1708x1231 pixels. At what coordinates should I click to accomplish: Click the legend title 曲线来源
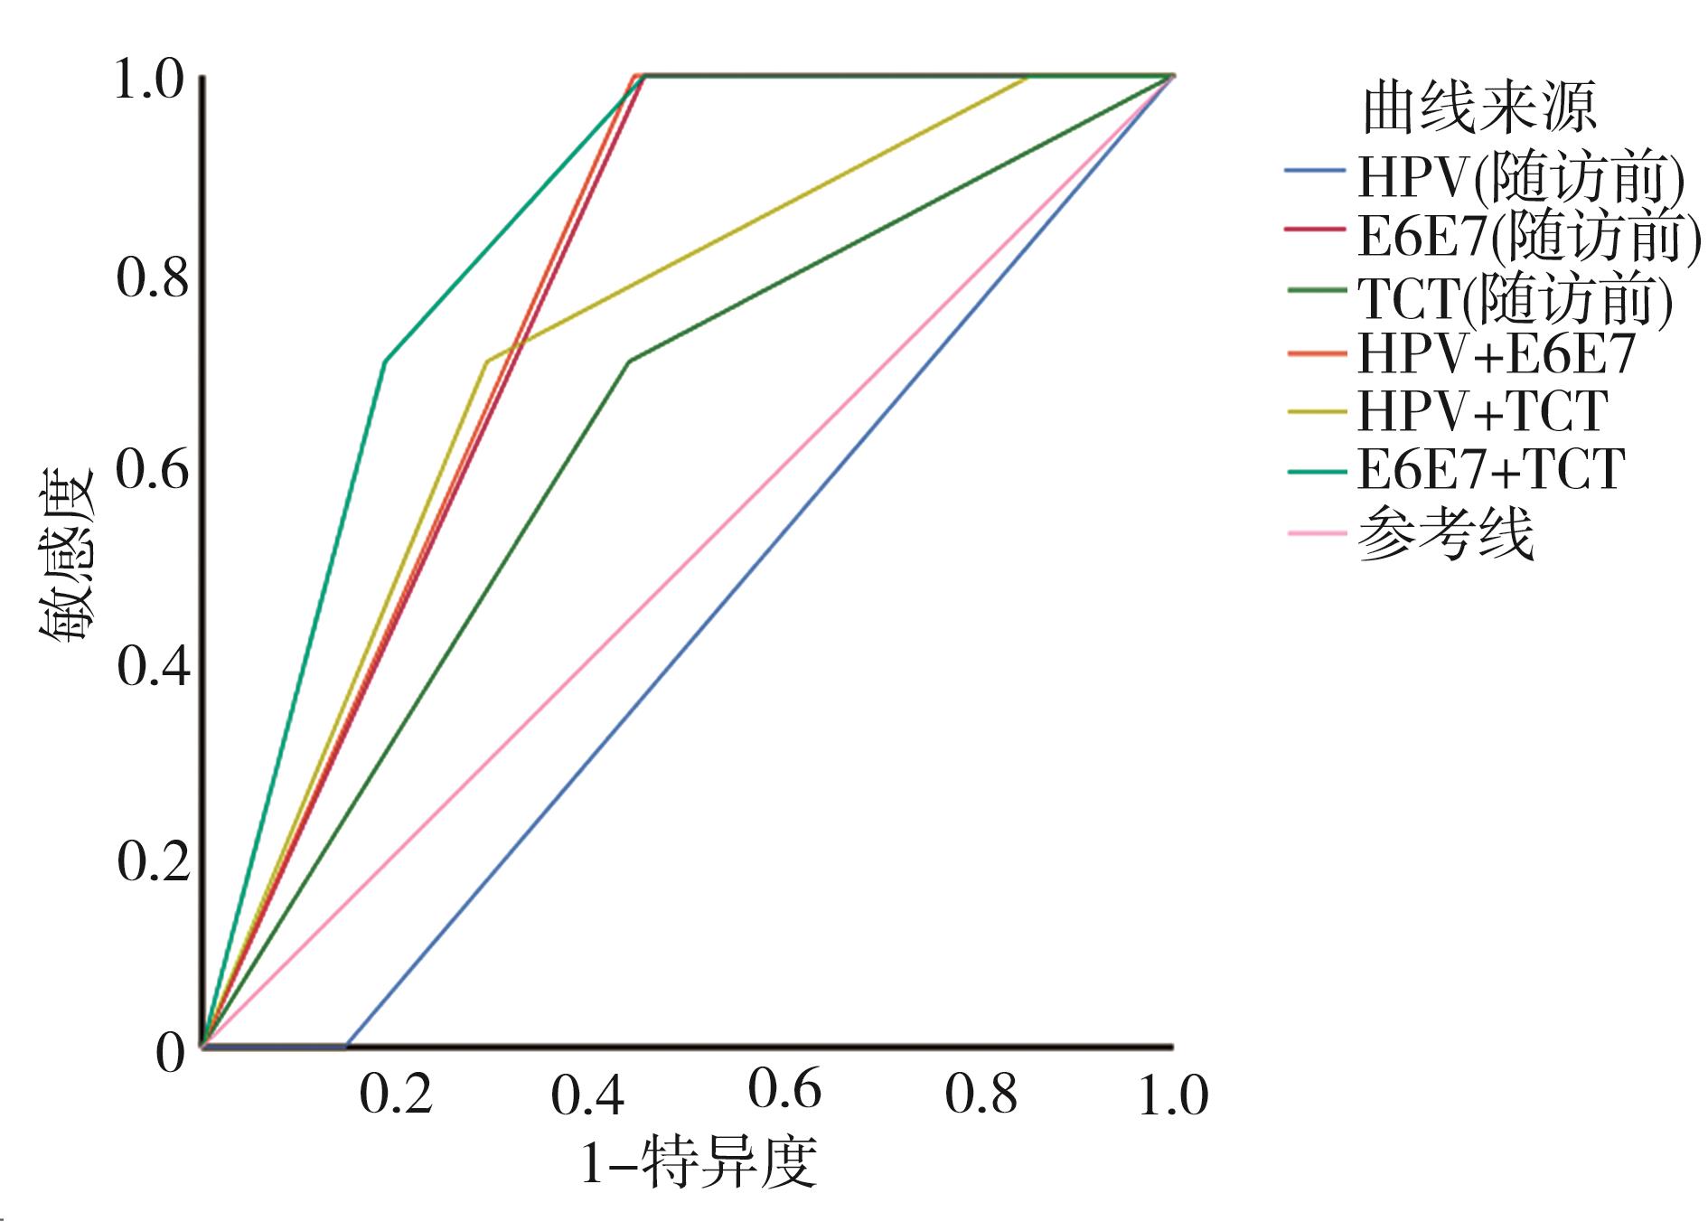tap(1479, 108)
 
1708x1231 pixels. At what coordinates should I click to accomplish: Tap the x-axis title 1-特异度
tap(698, 1162)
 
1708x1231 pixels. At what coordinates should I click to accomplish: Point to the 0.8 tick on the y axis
tap(154, 278)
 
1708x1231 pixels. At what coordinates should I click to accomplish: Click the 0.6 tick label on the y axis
tap(154, 473)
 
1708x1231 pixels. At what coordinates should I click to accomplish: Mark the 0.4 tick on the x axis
tap(588, 1095)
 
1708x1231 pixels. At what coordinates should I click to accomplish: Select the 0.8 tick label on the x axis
tap(981, 1095)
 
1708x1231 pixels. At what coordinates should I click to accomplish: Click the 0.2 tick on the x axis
tap(396, 1095)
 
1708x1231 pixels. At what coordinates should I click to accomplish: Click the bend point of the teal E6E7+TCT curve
tap(386, 362)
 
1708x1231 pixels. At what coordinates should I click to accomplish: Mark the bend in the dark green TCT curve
tap(629, 362)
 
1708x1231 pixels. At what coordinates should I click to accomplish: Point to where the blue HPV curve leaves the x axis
tap(347, 1046)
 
